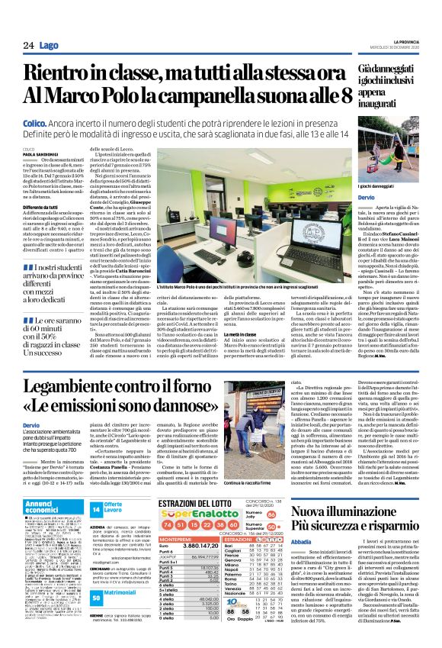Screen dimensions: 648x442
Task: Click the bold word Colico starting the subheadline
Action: [35, 122]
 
